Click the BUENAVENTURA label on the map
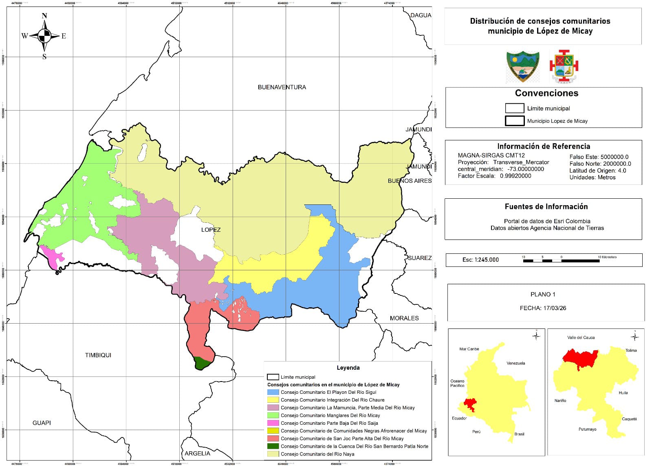pyautogui.click(x=282, y=87)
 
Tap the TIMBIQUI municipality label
pyautogui.click(x=98, y=355)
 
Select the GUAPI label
pyautogui.click(x=42, y=423)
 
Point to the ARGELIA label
pyautogui.click(x=197, y=453)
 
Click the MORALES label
pyautogui.click(x=404, y=318)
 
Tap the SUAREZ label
pyautogui.click(x=419, y=258)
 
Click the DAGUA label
pyautogui.click(x=421, y=15)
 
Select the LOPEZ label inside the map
pyautogui.click(x=211, y=230)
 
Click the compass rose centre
pyautogui.click(x=44, y=36)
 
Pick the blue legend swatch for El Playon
pyautogui.click(x=273, y=392)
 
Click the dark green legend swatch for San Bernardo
pyautogui.click(x=273, y=446)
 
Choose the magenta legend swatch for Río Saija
pyautogui.click(x=273, y=423)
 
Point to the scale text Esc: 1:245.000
pyautogui.click(x=480, y=260)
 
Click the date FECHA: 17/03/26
pyautogui.click(x=542, y=308)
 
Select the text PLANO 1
pyautogui.click(x=542, y=294)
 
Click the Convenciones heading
pyautogui.click(x=546, y=93)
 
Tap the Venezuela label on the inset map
pyautogui.click(x=515, y=363)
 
